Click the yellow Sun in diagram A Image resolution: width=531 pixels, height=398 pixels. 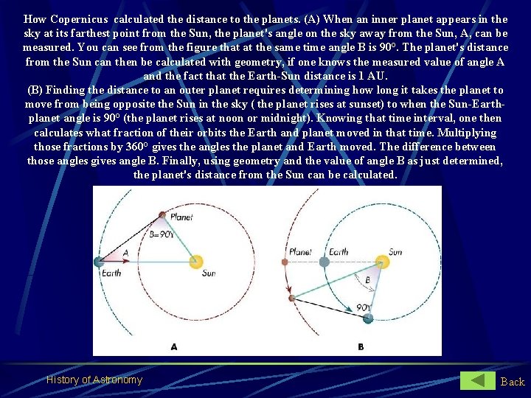196,261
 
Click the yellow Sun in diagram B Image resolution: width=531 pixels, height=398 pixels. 382,262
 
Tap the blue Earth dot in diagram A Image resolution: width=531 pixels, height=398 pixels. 99,262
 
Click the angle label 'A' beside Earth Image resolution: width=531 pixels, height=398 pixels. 125,253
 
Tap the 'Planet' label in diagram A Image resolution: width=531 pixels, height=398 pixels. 181,217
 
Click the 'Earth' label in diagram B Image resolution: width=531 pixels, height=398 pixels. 339,251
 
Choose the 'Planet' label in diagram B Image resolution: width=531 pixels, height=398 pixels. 300,251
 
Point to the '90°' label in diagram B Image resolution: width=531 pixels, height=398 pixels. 363,306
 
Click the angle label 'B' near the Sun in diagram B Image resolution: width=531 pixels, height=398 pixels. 367,280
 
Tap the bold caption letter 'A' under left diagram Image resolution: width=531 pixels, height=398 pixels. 173,346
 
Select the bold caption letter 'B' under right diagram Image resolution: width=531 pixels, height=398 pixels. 361,346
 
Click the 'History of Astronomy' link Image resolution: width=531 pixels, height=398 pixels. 94,380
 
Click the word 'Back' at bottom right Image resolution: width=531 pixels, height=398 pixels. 513,381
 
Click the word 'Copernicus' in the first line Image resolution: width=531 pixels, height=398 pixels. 80,19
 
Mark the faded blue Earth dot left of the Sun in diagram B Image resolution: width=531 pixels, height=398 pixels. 324,262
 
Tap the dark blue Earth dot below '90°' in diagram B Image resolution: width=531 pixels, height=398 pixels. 368,318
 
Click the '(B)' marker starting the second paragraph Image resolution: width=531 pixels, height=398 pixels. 35,90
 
